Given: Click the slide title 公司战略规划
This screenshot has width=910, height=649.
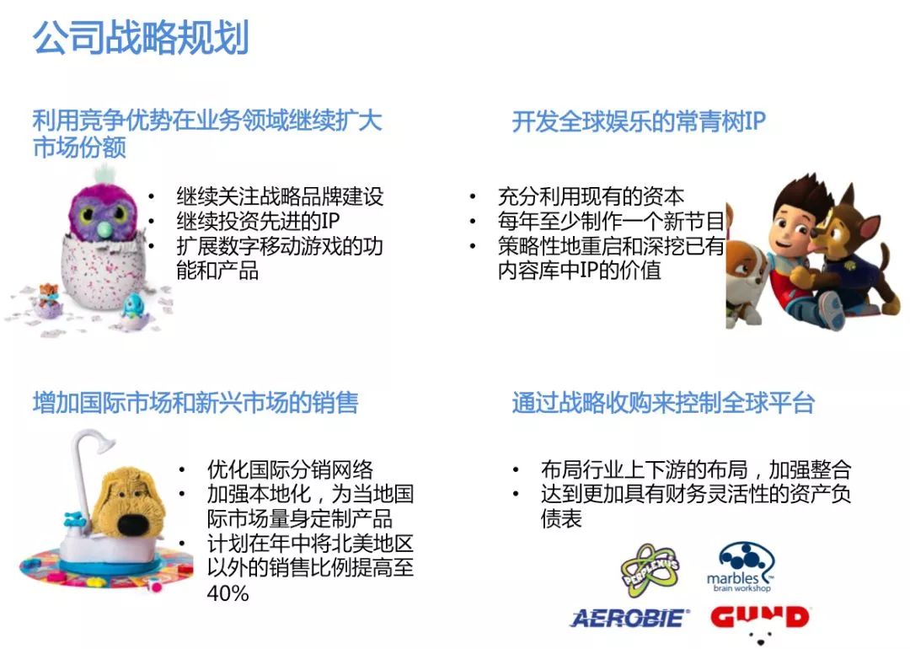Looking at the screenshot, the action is [x=141, y=37].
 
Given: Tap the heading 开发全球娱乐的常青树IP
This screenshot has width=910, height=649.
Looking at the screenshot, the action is [x=639, y=121].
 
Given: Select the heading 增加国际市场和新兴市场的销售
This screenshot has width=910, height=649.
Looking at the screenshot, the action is [x=195, y=402].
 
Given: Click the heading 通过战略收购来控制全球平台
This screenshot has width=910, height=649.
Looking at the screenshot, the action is [x=663, y=402].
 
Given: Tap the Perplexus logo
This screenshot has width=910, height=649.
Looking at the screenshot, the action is [x=650, y=570].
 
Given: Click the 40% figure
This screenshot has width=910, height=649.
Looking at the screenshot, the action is [x=227, y=593].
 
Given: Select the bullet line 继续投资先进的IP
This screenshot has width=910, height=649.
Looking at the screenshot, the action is [x=258, y=221].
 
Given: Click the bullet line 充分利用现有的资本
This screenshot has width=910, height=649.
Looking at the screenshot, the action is [x=591, y=196].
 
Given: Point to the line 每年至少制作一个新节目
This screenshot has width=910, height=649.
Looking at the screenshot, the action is [x=611, y=221].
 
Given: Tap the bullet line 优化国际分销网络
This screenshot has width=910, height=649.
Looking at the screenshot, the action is [x=290, y=469].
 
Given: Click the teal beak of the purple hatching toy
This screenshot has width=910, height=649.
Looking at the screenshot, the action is [x=106, y=230].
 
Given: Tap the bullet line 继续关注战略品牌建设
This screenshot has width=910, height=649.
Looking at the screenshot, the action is [x=280, y=196].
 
